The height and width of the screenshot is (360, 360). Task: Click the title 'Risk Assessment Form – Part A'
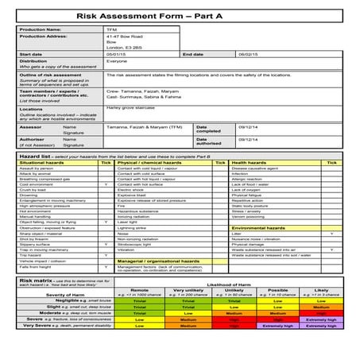point(179,15)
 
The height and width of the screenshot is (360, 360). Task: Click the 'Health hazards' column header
point(249,163)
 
